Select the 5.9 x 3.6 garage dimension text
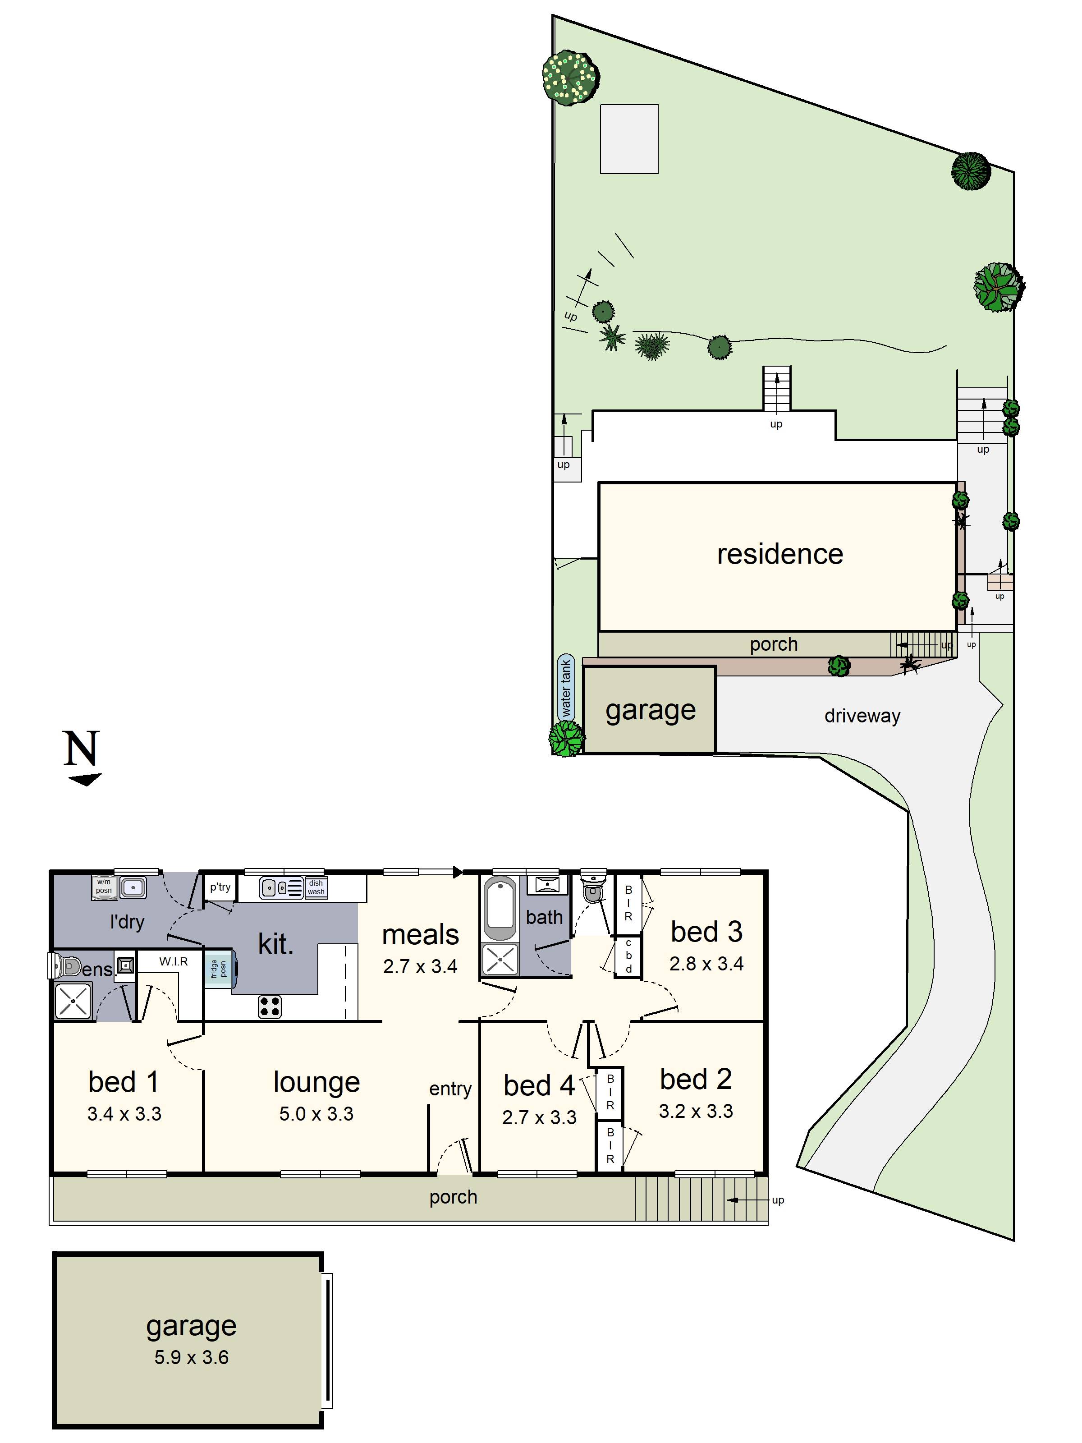pyautogui.click(x=191, y=1357)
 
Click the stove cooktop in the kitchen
pyautogui.click(x=269, y=1006)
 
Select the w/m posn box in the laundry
pyautogui.click(x=104, y=887)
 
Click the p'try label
pyautogui.click(x=220, y=887)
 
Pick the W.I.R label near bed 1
pyautogui.click(x=174, y=961)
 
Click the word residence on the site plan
pyautogui.click(x=779, y=554)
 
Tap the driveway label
pyautogui.click(x=862, y=716)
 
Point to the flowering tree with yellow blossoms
pyautogui.click(x=570, y=78)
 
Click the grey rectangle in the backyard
pyautogui.click(x=629, y=139)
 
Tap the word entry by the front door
pyautogui.click(x=450, y=1088)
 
